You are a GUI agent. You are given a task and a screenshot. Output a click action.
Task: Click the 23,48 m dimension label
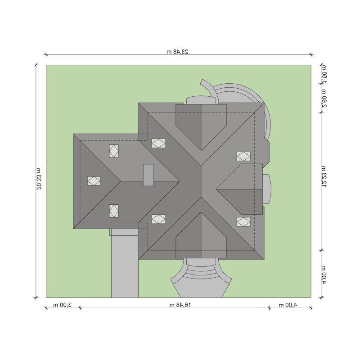click(x=177, y=52)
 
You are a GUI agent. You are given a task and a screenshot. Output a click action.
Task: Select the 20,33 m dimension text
click(x=39, y=179)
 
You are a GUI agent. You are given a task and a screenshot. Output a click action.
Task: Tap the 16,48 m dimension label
click(x=180, y=305)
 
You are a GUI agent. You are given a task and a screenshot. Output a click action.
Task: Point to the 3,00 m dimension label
click(x=63, y=305)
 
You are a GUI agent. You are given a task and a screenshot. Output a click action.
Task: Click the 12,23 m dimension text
click(x=324, y=177)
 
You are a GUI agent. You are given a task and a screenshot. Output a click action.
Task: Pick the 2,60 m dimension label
click(x=324, y=98)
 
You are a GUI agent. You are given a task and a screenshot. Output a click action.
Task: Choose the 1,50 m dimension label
click(x=324, y=74)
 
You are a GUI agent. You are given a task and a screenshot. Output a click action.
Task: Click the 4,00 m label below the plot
click(x=288, y=305)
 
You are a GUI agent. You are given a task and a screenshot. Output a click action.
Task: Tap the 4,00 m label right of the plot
click(x=324, y=275)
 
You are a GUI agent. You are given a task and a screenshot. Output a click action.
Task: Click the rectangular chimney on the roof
click(x=148, y=175)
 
